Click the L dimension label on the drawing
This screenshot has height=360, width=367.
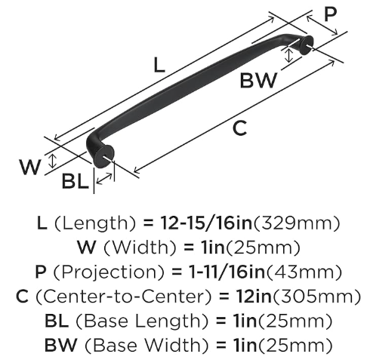(159, 65)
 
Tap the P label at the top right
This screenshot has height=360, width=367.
(330, 14)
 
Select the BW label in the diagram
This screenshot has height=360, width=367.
(258, 80)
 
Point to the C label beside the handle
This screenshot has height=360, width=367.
(239, 128)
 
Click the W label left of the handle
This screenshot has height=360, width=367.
(30, 167)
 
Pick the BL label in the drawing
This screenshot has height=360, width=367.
(76, 181)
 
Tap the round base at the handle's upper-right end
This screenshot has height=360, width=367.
(307, 45)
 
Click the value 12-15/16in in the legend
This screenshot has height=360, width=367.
(206, 223)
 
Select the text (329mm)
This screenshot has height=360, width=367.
(297, 223)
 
